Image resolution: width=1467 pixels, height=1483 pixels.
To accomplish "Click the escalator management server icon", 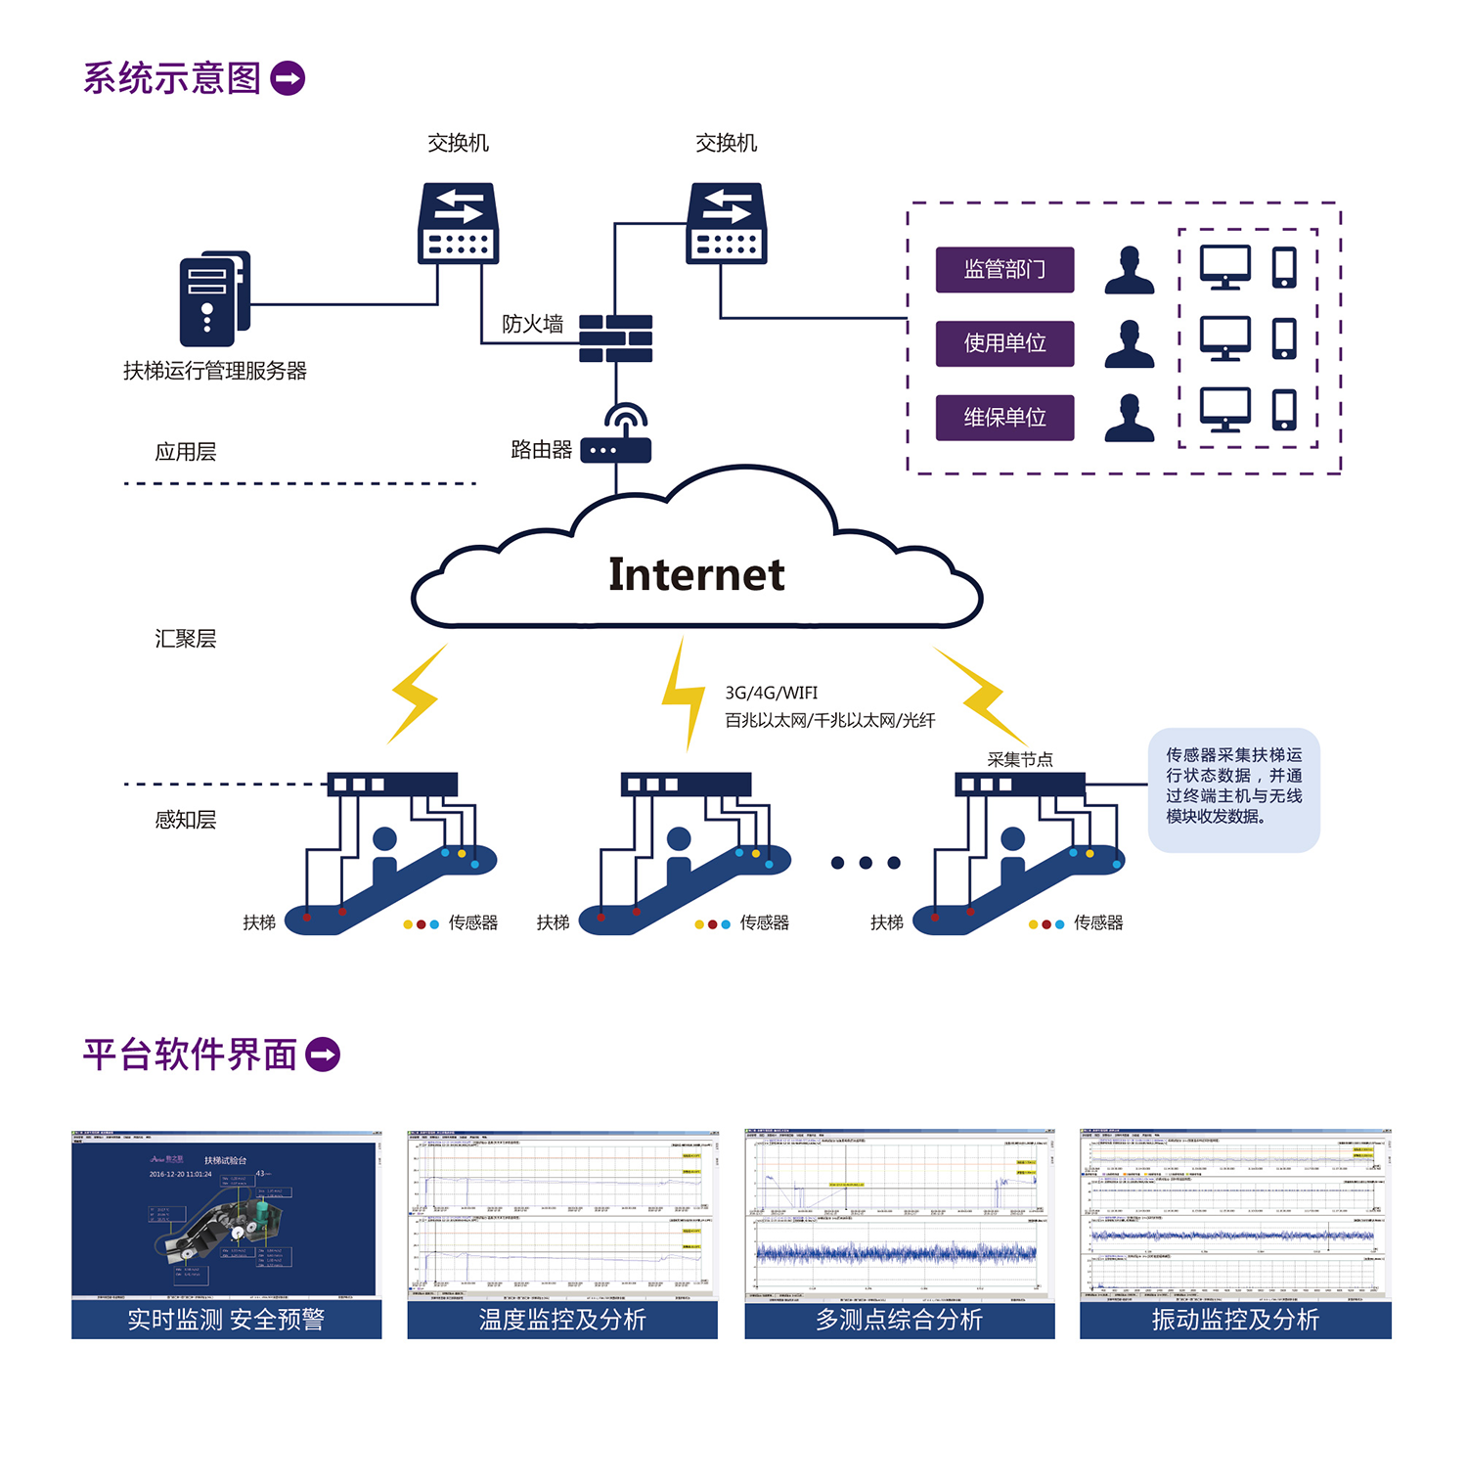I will click(x=214, y=298).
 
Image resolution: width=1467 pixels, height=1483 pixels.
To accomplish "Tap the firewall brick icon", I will click(x=615, y=338).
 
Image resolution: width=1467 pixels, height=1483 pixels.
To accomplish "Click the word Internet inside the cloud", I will click(x=696, y=574).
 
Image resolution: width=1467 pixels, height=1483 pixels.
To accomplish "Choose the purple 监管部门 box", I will click(x=1004, y=269).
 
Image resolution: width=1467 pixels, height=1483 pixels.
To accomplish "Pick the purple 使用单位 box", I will click(x=1004, y=343).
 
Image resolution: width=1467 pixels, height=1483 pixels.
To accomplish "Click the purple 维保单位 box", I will click(x=1004, y=418).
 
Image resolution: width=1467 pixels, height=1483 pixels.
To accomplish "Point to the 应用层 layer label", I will click(x=185, y=452).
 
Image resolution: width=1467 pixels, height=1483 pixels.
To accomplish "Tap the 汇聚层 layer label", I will click(x=185, y=639).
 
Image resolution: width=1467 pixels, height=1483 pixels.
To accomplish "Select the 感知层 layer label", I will click(x=185, y=820).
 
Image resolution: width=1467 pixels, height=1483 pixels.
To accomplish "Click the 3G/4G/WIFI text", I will click(x=771, y=693).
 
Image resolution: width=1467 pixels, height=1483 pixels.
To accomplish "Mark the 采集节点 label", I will click(x=1020, y=759).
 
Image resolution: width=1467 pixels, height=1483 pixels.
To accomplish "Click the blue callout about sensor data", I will click(x=1233, y=788).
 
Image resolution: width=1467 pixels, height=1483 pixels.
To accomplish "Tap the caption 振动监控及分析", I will click(x=1235, y=1320).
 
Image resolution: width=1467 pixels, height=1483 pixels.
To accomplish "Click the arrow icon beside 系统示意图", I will click(x=288, y=78).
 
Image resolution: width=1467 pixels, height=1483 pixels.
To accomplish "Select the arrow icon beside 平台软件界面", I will click(x=323, y=1055).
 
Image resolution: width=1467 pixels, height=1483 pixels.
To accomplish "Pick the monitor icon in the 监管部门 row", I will click(x=1225, y=266).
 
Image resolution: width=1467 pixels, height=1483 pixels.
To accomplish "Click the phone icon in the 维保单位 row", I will click(x=1284, y=410).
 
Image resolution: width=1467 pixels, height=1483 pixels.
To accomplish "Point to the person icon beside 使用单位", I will click(x=1130, y=343).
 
